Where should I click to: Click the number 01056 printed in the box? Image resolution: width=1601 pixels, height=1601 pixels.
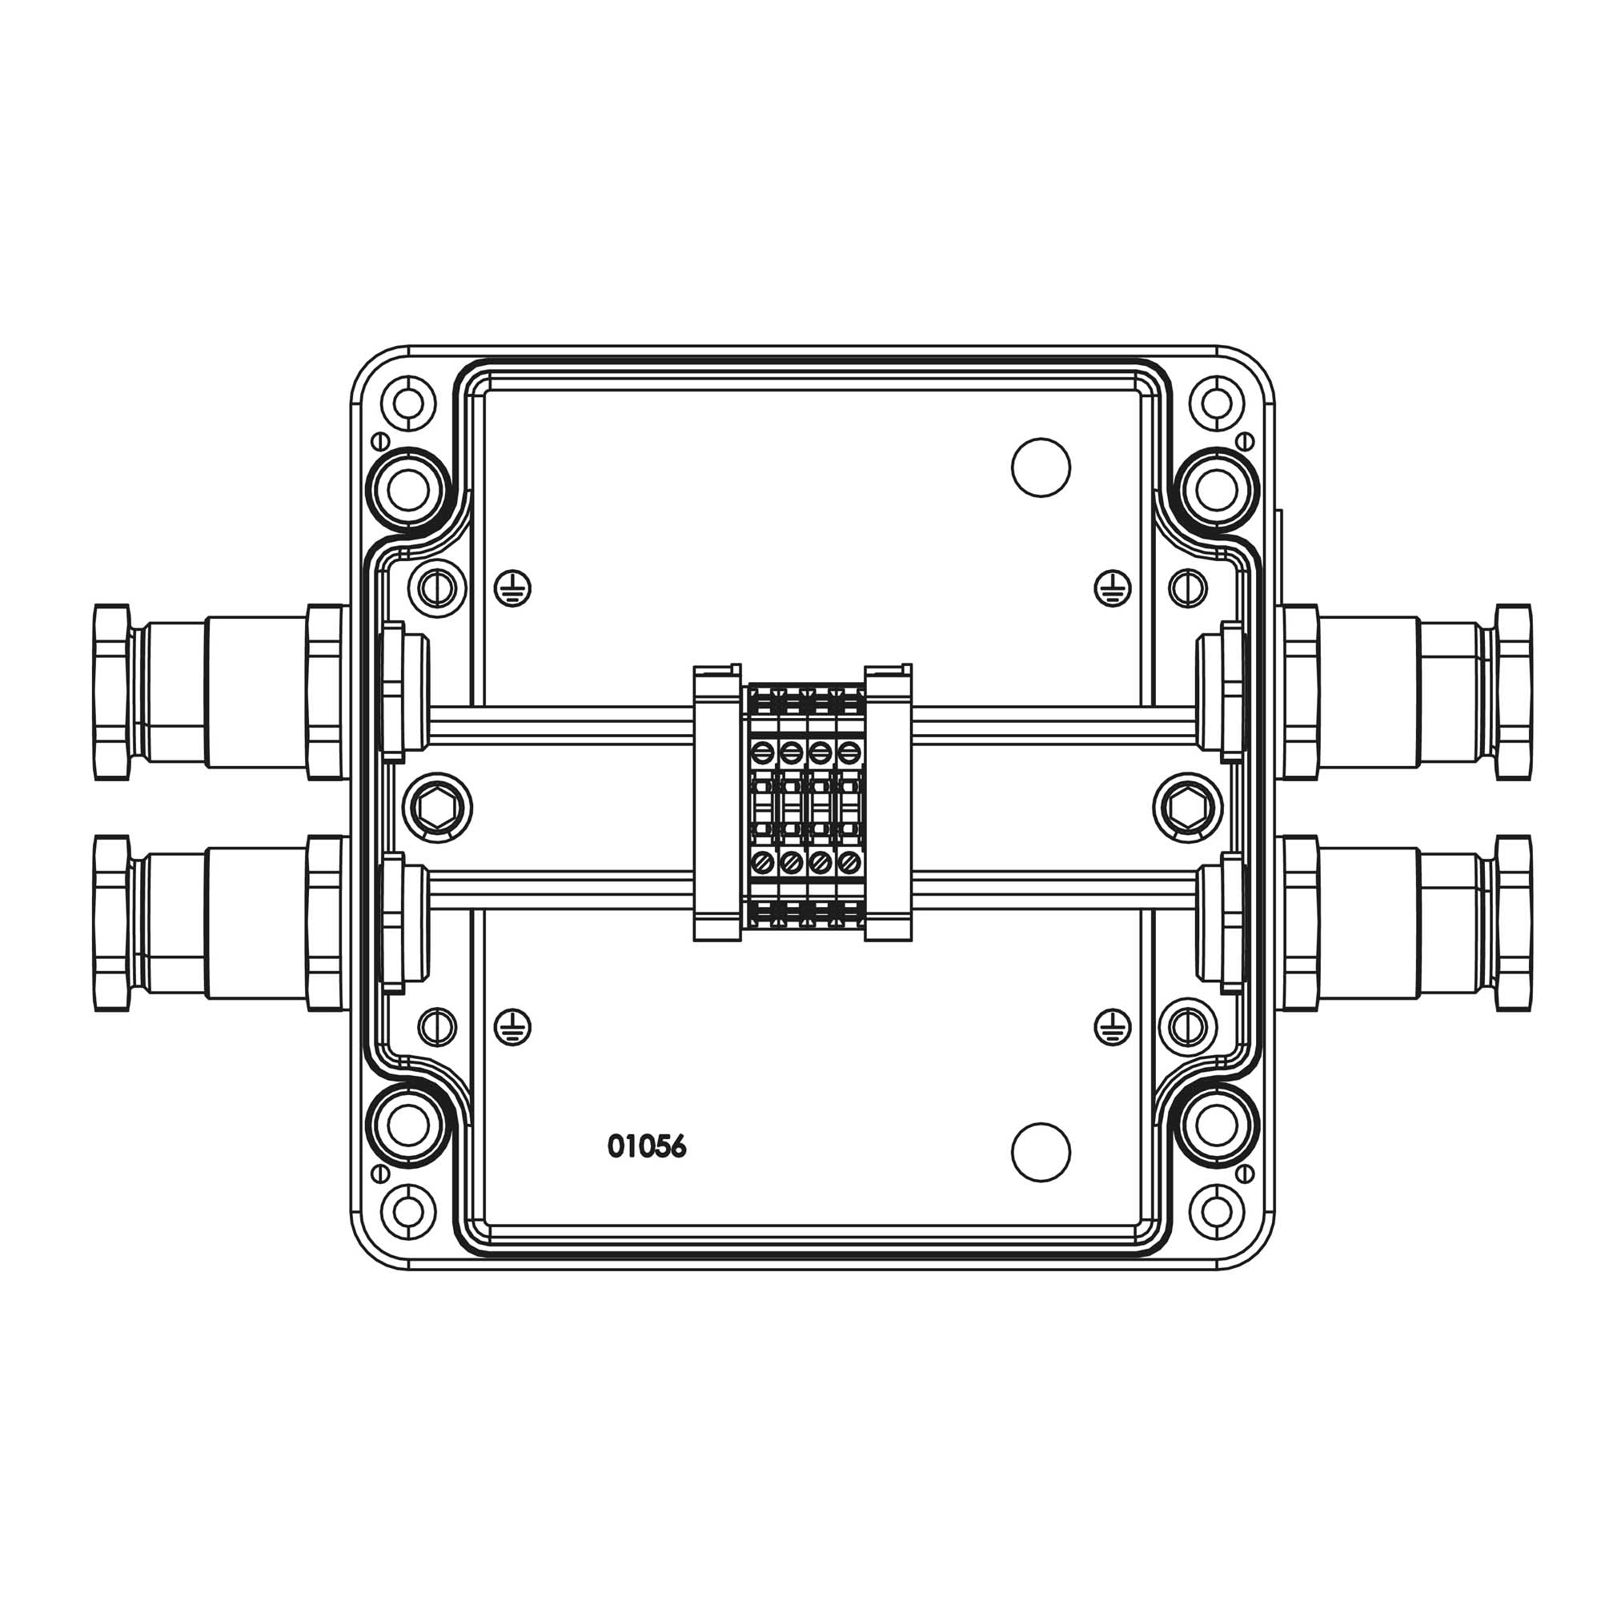pos(647,1147)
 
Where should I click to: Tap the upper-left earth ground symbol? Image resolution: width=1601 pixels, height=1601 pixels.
pos(513,588)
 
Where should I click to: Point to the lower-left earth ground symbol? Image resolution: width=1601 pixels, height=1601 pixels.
pos(513,1028)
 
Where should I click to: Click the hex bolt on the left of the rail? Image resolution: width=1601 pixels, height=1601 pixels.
pos(437,808)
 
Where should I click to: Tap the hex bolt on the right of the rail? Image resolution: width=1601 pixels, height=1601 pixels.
pos(1188,808)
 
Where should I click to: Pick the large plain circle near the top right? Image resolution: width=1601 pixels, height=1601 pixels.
pos(1041,467)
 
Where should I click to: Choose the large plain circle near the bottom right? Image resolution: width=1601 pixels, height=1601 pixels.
pos(1041,1152)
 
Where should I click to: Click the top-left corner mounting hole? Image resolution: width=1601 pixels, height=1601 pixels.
pos(407,403)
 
